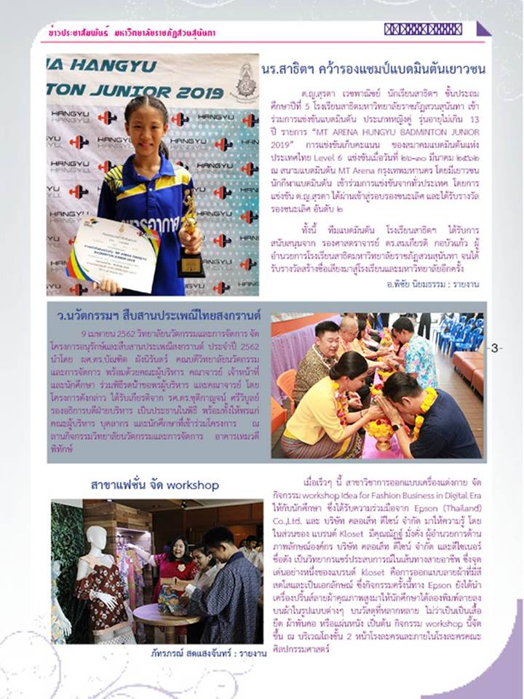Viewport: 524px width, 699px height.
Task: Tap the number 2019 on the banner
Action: pos(199,92)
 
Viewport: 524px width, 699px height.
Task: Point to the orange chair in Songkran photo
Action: pos(285,387)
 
